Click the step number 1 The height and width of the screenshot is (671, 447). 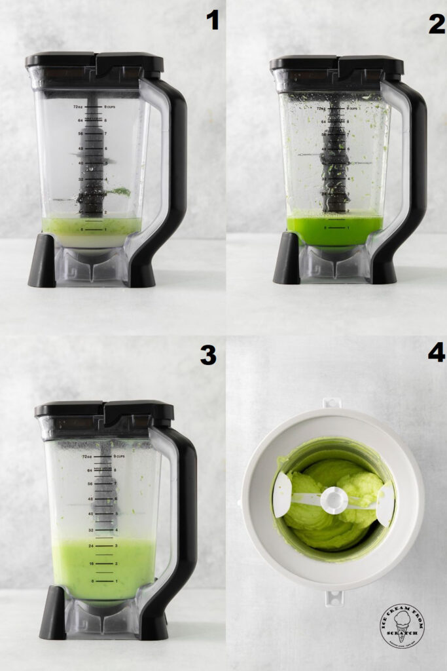(x=212, y=21)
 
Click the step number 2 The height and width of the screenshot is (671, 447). (x=436, y=23)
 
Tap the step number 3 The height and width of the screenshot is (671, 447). (x=207, y=355)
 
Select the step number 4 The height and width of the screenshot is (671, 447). (x=436, y=352)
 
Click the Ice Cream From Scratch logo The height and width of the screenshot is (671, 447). (x=402, y=626)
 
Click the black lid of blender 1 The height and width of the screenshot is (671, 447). (x=94, y=63)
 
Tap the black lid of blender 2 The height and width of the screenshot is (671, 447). (x=337, y=64)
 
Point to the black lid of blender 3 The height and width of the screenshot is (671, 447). (x=104, y=412)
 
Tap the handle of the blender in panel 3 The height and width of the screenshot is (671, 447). (x=183, y=524)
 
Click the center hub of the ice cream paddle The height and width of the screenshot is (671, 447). (x=334, y=500)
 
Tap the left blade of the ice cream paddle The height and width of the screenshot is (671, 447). (x=282, y=495)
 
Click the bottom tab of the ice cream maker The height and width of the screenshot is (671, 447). (x=334, y=597)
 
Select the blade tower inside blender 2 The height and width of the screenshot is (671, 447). (x=334, y=157)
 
